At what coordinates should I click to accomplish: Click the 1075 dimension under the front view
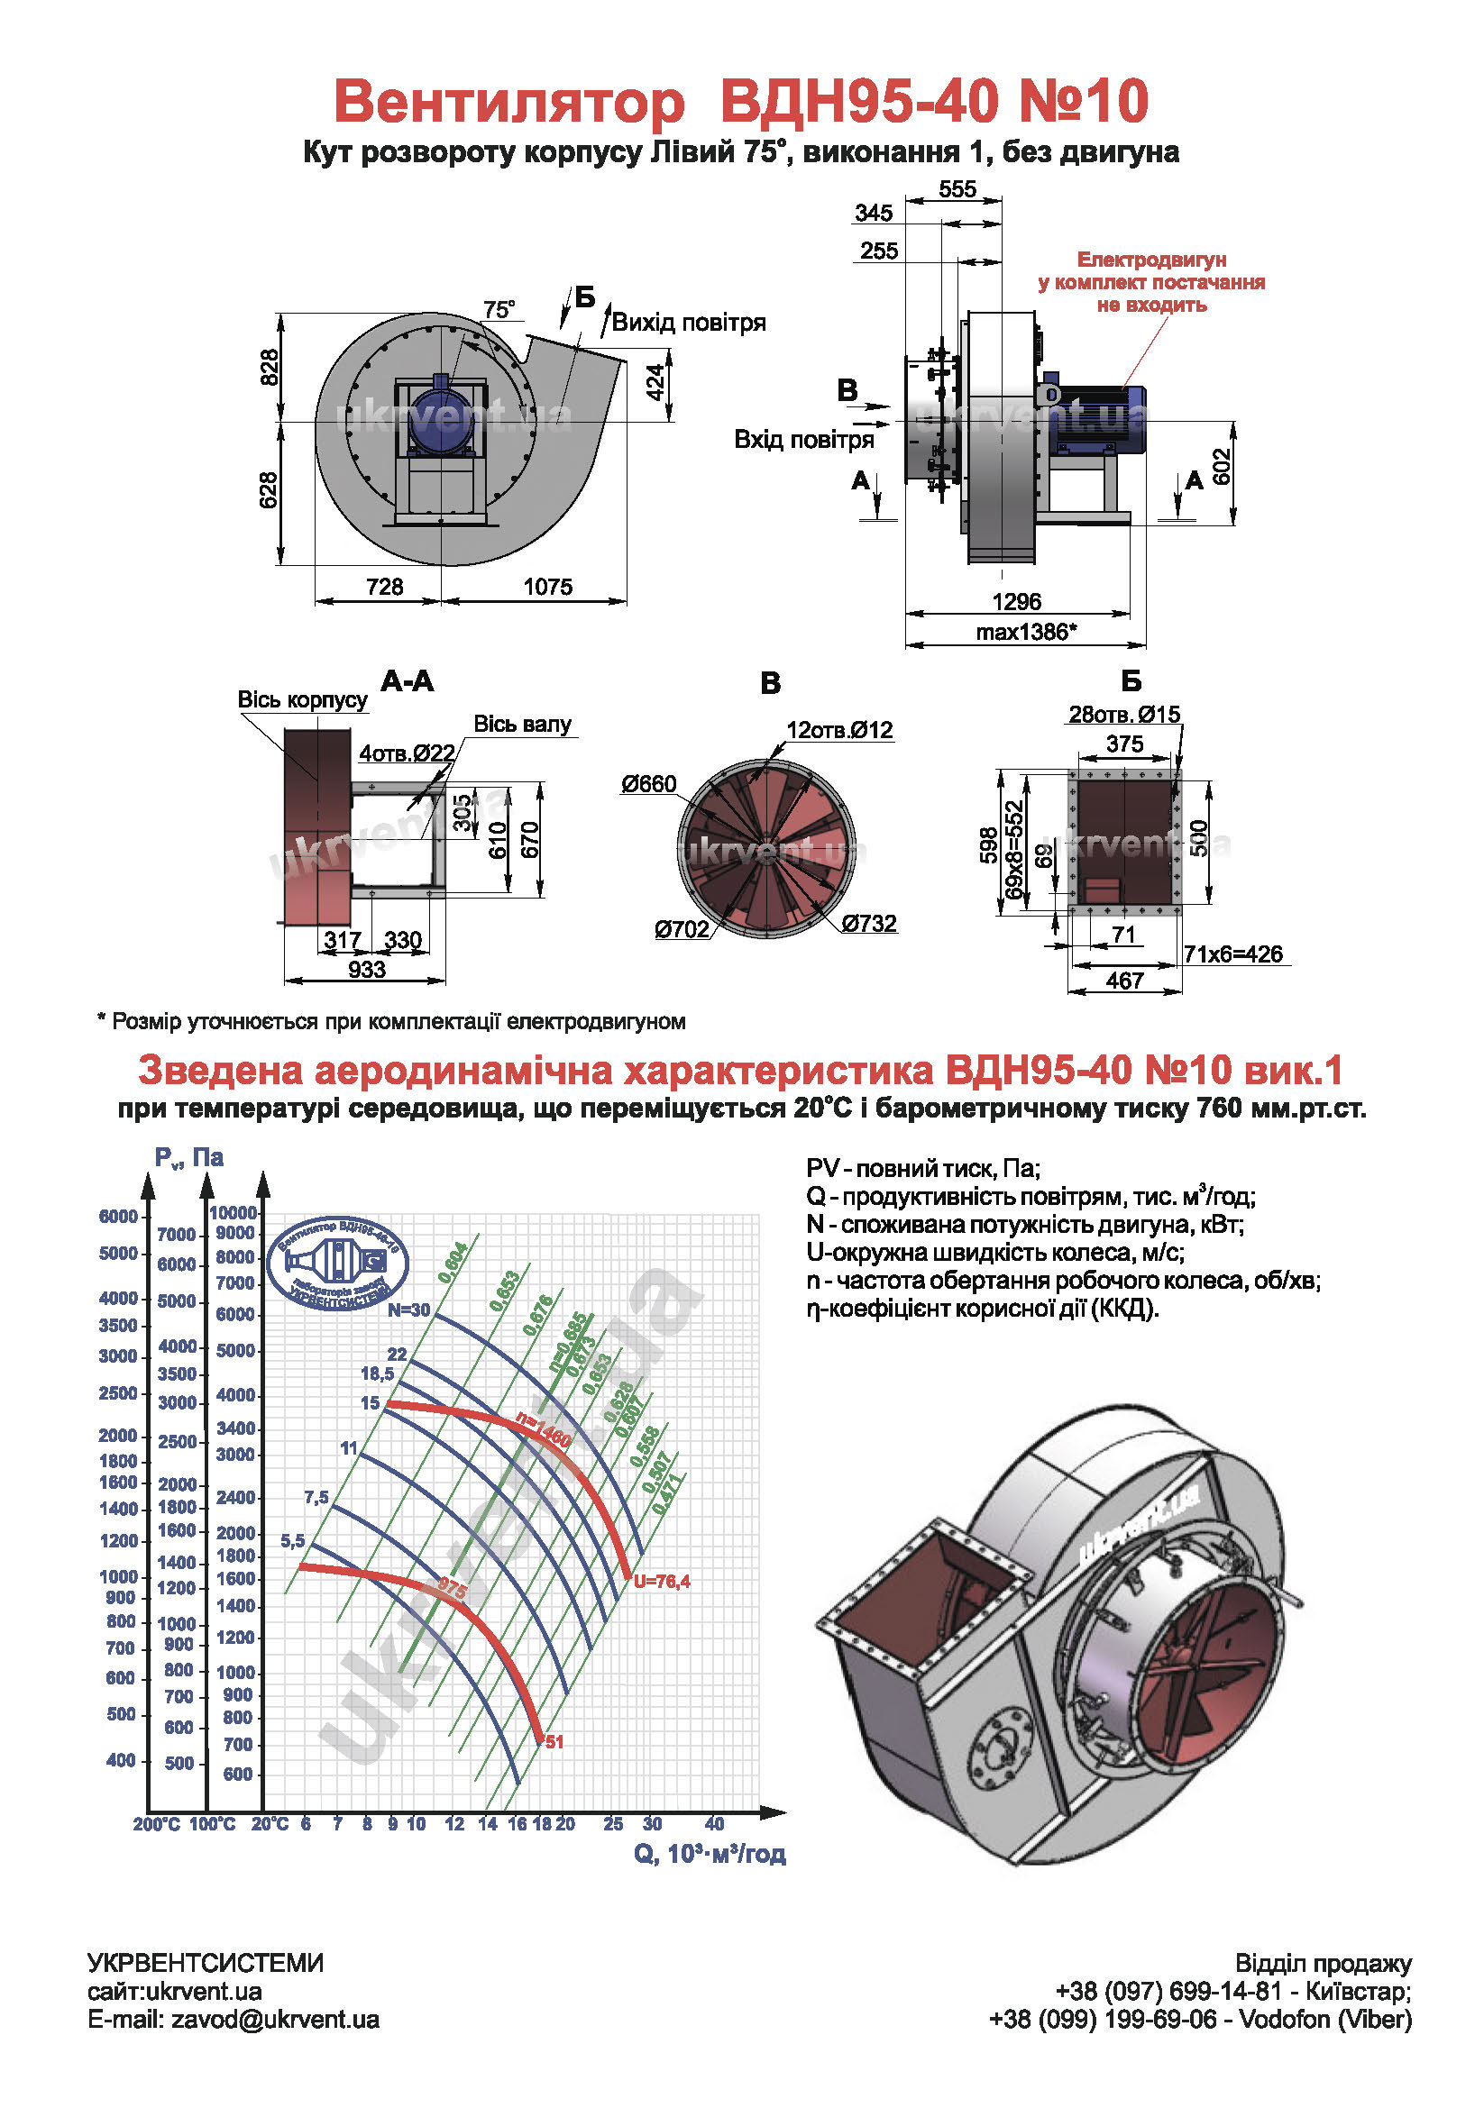point(547,586)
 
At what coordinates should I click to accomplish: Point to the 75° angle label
point(499,309)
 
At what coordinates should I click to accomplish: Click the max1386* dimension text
point(1025,632)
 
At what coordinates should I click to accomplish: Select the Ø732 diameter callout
point(868,923)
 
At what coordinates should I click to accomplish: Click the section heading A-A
point(407,681)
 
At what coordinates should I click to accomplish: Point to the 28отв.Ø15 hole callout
point(1123,715)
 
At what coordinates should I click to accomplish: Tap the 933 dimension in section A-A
point(366,969)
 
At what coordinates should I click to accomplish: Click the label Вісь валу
point(522,725)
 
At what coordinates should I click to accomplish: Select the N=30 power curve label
point(408,1310)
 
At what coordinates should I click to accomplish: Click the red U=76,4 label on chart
point(660,1581)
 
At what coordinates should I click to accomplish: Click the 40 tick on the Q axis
point(713,1823)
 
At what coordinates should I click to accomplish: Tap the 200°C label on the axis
point(156,1824)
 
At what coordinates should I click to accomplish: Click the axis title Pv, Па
point(188,1158)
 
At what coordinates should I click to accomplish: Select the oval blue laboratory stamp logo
point(338,1264)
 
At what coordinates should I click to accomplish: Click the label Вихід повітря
point(688,323)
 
